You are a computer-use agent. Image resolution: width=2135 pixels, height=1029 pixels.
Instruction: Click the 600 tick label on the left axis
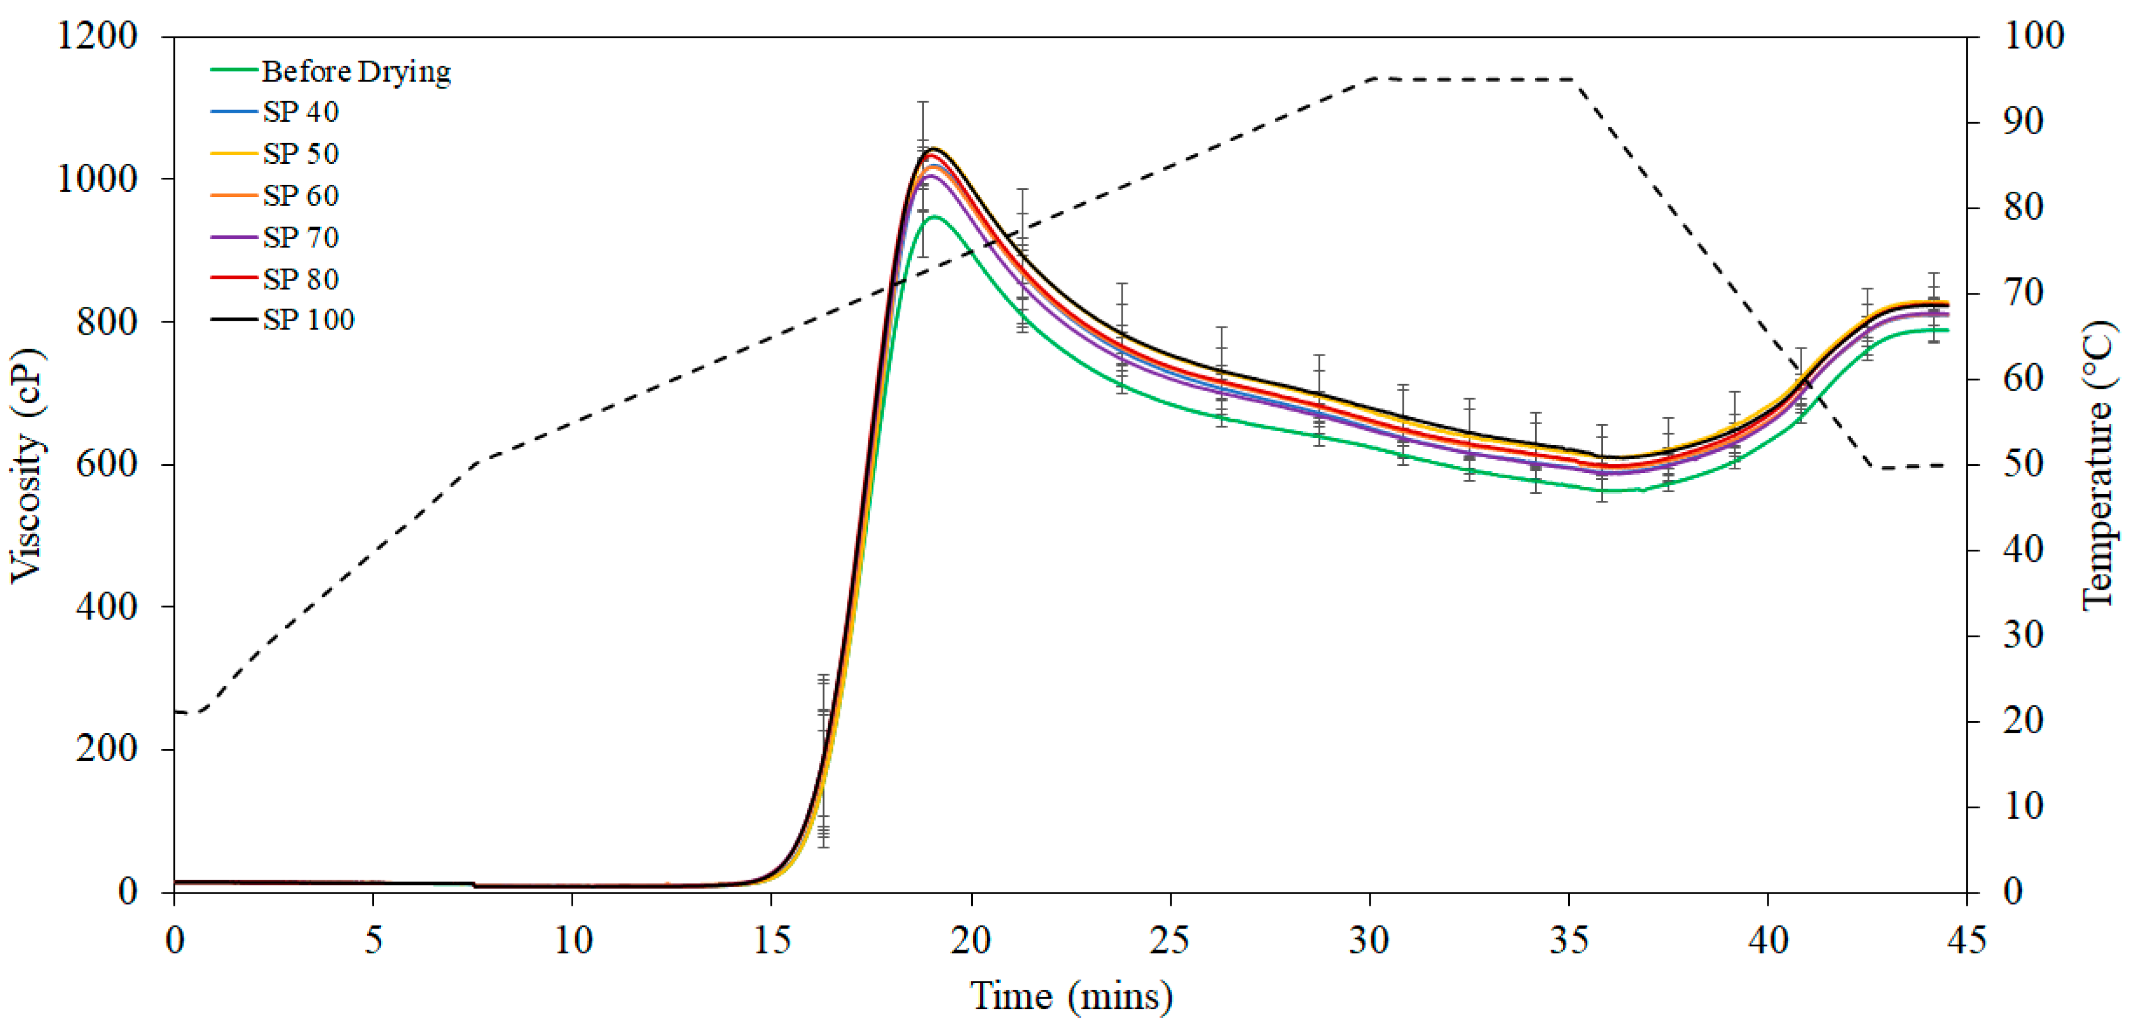point(106,464)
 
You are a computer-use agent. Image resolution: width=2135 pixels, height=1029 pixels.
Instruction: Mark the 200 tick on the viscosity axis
point(106,749)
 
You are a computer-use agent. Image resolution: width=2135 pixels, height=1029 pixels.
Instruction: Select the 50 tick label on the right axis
point(2023,464)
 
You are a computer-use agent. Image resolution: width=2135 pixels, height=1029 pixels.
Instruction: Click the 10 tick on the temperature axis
point(2023,806)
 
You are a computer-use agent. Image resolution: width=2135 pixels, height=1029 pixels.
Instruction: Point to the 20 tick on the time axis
point(971,940)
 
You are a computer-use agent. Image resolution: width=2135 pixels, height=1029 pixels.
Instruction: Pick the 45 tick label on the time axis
point(1967,940)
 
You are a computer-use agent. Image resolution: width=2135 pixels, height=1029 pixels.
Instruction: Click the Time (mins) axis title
point(1071,996)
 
